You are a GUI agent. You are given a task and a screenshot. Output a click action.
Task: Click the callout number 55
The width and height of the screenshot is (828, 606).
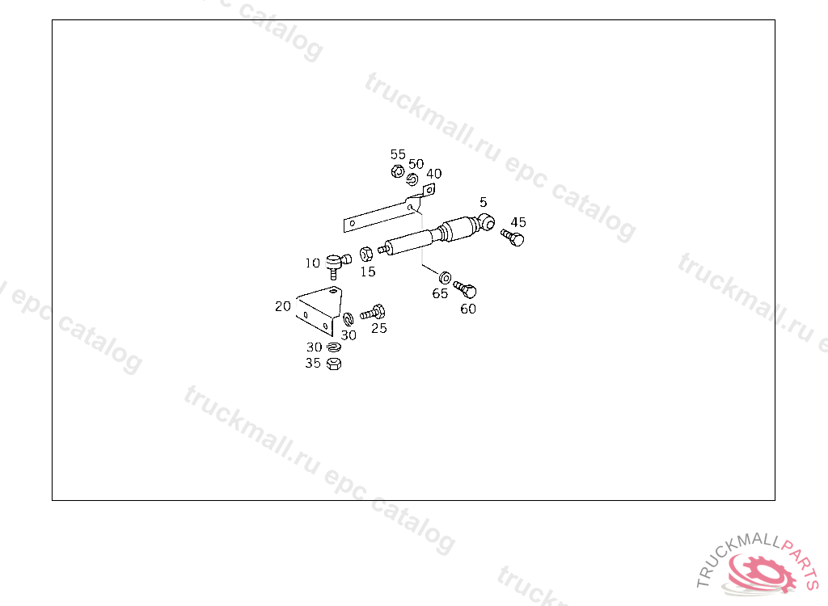click(x=398, y=154)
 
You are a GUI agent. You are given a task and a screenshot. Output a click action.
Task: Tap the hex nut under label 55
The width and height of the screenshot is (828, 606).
click(x=397, y=171)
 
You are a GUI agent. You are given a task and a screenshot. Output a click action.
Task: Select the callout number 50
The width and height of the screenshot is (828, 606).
click(x=416, y=165)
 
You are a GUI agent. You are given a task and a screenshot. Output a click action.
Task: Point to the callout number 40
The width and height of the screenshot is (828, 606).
click(x=434, y=174)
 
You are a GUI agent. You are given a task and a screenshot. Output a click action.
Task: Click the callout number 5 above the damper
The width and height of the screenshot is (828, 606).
click(x=483, y=202)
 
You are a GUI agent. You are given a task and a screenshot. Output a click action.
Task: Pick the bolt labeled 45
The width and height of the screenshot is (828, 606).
click(x=513, y=238)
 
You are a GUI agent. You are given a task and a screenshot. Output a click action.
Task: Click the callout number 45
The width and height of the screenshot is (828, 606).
click(x=518, y=222)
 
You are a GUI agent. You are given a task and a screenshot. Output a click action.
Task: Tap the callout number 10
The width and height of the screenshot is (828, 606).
click(x=313, y=263)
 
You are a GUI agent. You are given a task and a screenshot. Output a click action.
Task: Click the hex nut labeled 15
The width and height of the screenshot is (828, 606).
click(x=365, y=253)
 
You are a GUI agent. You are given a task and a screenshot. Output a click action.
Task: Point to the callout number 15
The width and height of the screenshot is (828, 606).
click(x=368, y=272)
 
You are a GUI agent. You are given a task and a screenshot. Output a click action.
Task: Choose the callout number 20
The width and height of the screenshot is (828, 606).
click(x=283, y=306)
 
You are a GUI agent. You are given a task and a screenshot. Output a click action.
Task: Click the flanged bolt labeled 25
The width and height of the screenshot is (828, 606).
click(x=374, y=311)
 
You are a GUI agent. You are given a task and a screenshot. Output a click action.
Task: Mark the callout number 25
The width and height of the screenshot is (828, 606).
click(x=378, y=328)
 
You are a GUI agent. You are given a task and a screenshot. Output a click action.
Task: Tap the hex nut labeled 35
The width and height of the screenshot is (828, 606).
click(x=334, y=364)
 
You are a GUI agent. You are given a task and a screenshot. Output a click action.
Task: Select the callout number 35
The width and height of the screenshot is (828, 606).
click(x=313, y=364)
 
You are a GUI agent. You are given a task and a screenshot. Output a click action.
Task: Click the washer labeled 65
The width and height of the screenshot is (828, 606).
click(x=446, y=278)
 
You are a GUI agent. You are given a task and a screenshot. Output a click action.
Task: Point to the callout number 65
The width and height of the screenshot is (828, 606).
click(x=440, y=294)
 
